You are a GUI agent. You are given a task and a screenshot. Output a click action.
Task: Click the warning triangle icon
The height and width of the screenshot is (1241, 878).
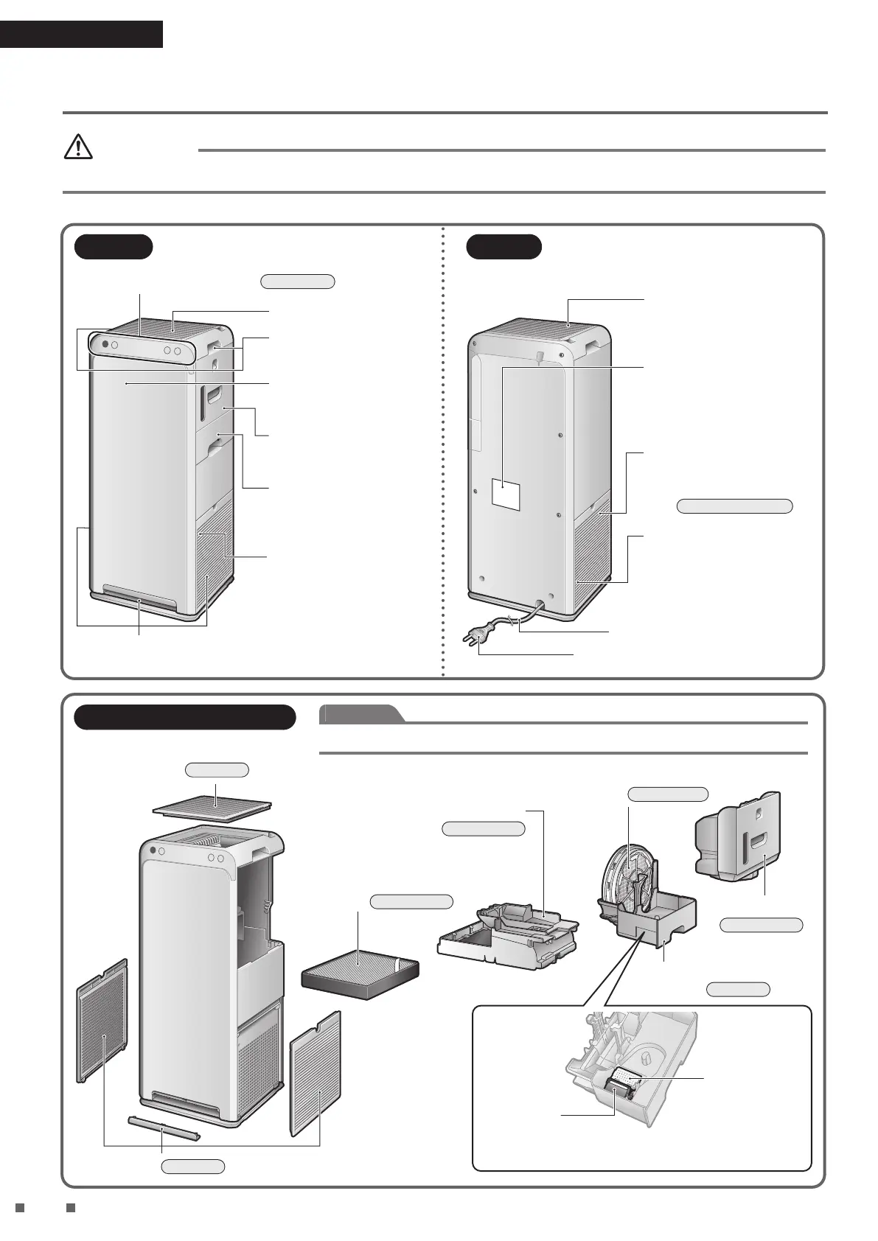click(x=78, y=147)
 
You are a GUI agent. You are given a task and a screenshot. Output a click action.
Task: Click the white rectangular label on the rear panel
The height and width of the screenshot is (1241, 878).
click(x=506, y=493)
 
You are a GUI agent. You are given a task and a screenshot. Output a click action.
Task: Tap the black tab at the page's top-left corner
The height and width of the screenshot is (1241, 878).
click(x=81, y=35)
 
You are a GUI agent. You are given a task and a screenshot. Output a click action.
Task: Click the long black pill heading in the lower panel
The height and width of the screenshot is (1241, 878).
click(x=184, y=717)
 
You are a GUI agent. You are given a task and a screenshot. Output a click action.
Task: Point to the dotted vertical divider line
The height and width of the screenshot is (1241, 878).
click(x=443, y=450)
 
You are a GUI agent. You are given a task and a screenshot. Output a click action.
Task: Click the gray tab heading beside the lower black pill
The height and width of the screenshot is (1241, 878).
click(x=361, y=713)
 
